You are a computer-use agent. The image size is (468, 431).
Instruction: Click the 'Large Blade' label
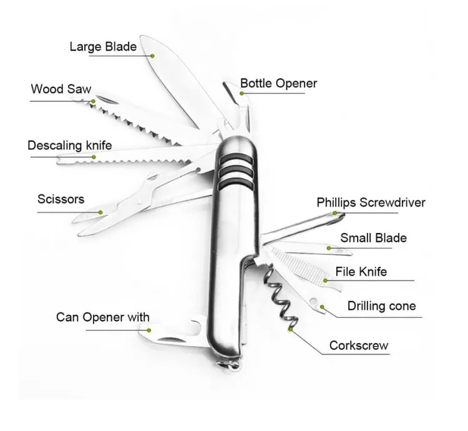point(104,46)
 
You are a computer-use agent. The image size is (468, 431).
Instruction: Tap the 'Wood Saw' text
point(56,89)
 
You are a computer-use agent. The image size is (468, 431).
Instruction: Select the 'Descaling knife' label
point(69,146)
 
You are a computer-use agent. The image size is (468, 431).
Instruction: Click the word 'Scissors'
point(61,200)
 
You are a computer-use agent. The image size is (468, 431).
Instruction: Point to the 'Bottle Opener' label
point(278,83)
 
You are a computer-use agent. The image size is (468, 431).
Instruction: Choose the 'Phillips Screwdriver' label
point(371,202)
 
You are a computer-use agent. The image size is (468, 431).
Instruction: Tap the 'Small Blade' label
point(373,238)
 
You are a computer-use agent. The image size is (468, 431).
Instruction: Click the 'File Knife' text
point(361,272)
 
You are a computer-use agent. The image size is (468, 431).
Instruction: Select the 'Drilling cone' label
point(381,306)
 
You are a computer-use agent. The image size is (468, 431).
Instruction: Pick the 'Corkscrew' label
point(359,345)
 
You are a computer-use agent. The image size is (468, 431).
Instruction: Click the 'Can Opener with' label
point(103,317)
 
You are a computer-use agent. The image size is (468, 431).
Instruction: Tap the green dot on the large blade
point(153,54)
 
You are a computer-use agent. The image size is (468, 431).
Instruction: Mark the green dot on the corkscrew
point(290,327)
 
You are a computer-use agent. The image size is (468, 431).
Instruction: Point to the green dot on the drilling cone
point(321,307)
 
